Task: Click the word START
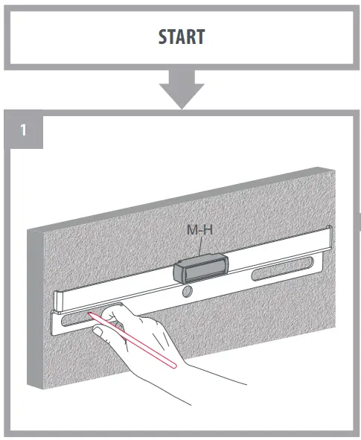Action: tap(181, 36)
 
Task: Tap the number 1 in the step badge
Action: tap(24, 131)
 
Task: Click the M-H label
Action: tap(199, 230)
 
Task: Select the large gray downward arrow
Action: tap(181, 89)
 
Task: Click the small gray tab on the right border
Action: tap(359, 221)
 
